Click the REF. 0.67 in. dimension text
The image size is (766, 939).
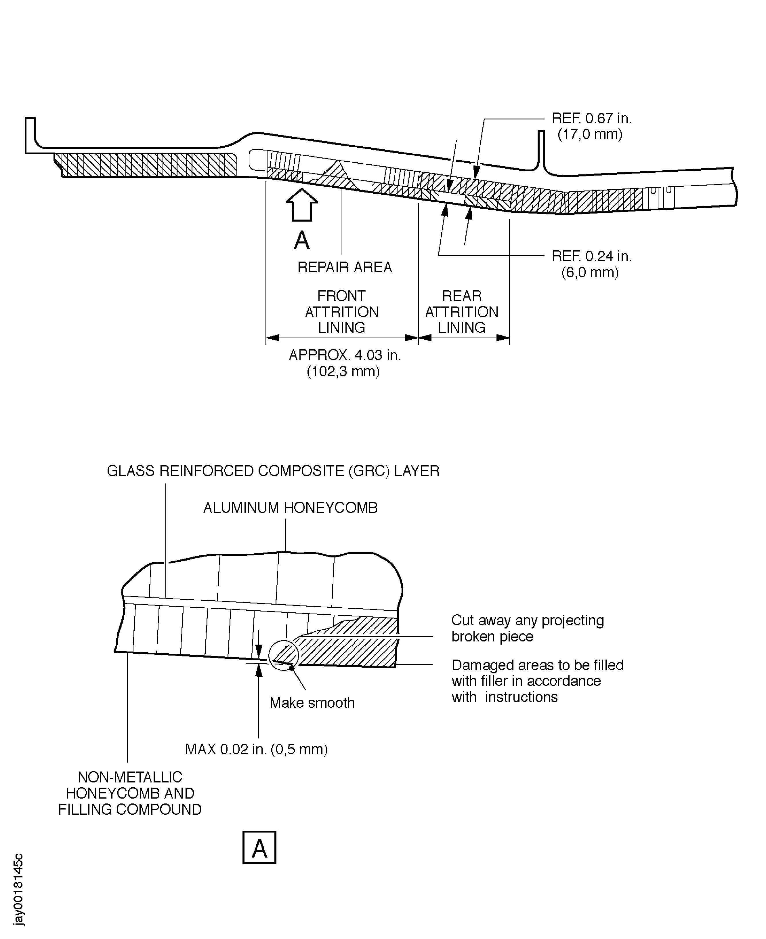(591, 118)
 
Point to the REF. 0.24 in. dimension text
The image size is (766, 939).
(591, 256)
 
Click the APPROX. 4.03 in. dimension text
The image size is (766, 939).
(345, 355)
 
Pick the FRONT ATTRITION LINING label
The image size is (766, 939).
(341, 312)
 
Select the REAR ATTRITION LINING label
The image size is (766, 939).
(462, 312)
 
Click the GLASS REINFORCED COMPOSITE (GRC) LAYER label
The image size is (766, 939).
(273, 471)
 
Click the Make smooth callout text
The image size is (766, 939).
(312, 703)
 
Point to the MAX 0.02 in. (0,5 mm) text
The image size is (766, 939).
(256, 749)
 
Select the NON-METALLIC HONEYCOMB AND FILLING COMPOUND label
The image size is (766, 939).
(130, 793)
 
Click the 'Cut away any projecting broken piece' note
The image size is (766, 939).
(527, 628)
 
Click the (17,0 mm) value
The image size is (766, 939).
(590, 134)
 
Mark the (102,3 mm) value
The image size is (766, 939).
(343, 371)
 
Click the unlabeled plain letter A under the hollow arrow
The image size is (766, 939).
(302, 241)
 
